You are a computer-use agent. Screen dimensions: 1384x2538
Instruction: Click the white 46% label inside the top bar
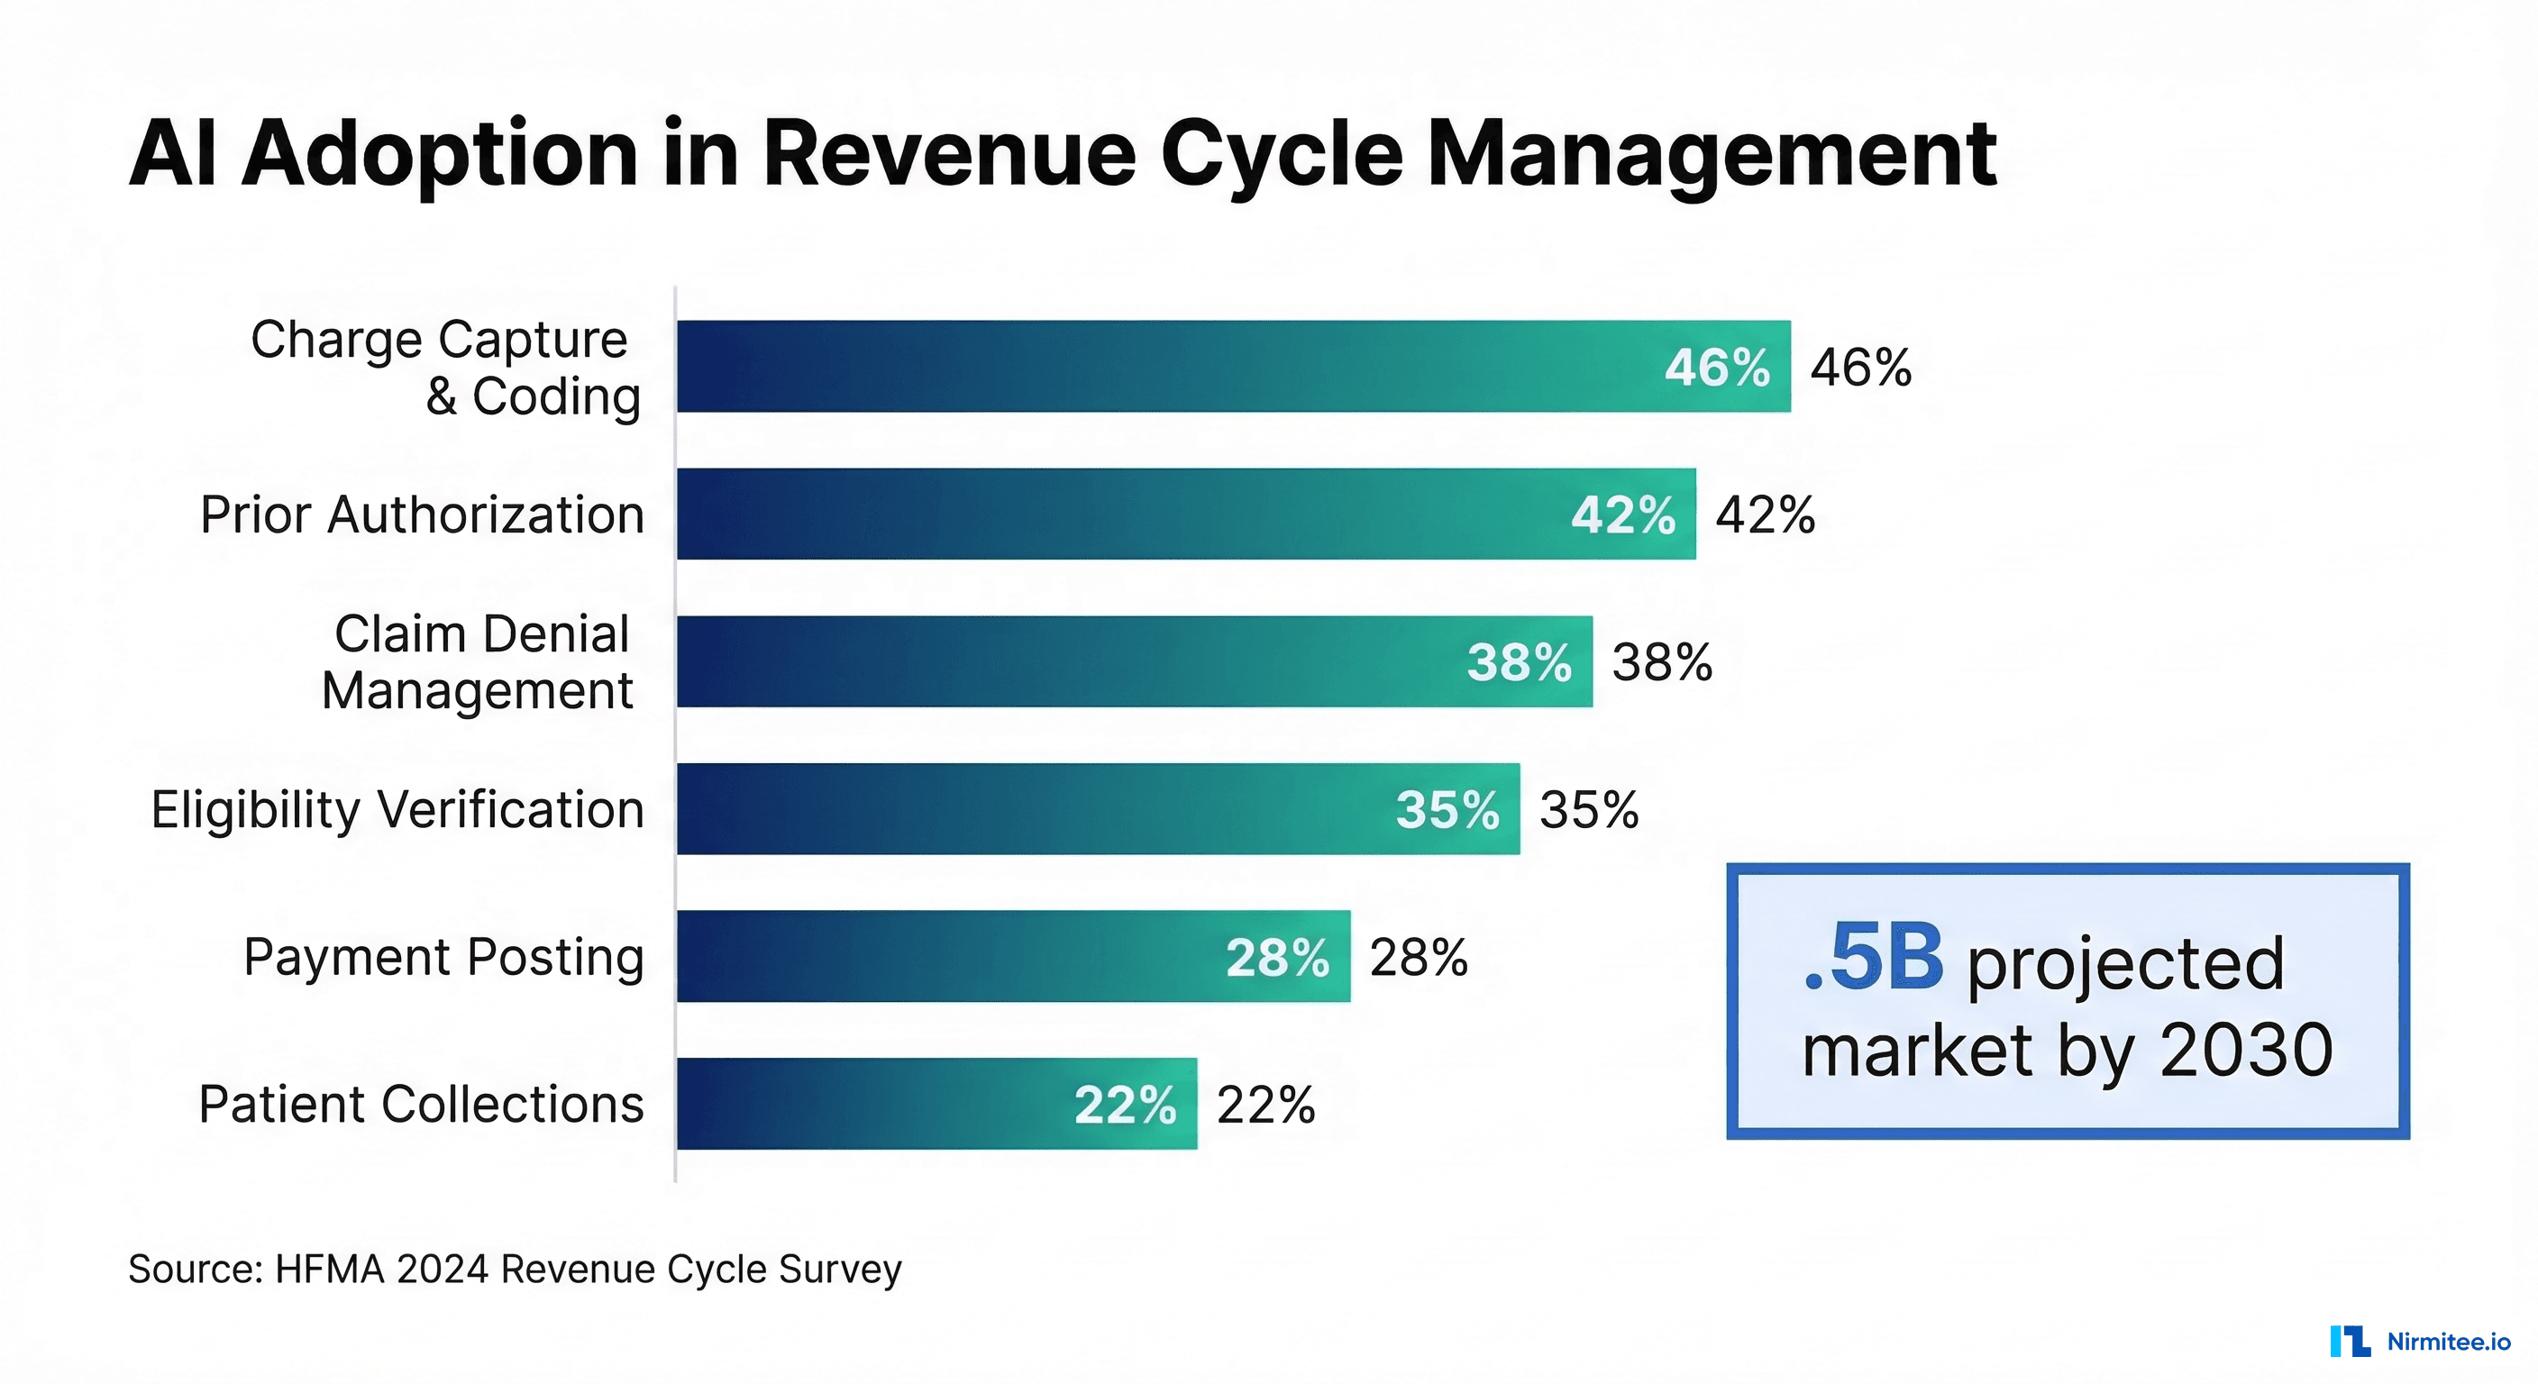coord(1716,368)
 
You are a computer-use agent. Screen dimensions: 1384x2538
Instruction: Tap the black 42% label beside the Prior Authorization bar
coord(1765,514)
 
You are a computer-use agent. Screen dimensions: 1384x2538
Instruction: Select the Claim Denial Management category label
coord(479,661)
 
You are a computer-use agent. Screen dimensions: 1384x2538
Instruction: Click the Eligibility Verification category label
coord(397,809)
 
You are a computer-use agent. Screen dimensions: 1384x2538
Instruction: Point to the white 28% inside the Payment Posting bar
coord(1277,958)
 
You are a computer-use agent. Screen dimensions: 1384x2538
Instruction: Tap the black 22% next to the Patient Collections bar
coord(1265,1105)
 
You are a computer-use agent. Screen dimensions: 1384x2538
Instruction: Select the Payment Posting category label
coord(443,957)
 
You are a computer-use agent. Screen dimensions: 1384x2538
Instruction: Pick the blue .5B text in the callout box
coord(1873,958)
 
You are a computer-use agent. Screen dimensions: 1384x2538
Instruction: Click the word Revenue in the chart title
coord(949,155)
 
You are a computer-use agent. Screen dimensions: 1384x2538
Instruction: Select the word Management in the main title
coord(1711,155)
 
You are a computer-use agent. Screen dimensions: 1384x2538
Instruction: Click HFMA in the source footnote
coord(329,1269)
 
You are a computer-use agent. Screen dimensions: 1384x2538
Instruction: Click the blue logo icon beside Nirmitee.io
coord(2350,1341)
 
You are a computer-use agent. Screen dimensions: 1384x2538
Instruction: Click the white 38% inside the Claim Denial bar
coord(1519,662)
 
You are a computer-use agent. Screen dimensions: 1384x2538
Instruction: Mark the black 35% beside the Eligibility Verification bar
coord(1588,810)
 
